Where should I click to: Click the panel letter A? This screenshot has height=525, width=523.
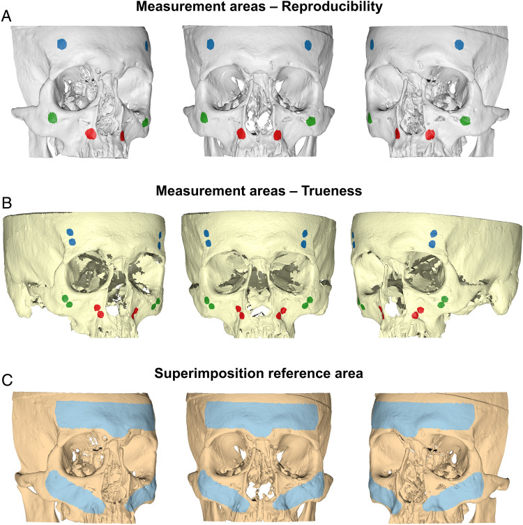pos(6,15)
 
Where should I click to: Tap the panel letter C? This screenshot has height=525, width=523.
pos(6,382)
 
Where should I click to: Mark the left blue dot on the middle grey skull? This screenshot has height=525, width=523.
pos(210,44)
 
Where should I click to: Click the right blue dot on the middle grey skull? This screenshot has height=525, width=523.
pos(307,45)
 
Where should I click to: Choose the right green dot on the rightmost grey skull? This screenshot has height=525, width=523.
pos(465,120)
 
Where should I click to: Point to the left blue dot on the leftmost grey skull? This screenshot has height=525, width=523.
pos(61,43)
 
